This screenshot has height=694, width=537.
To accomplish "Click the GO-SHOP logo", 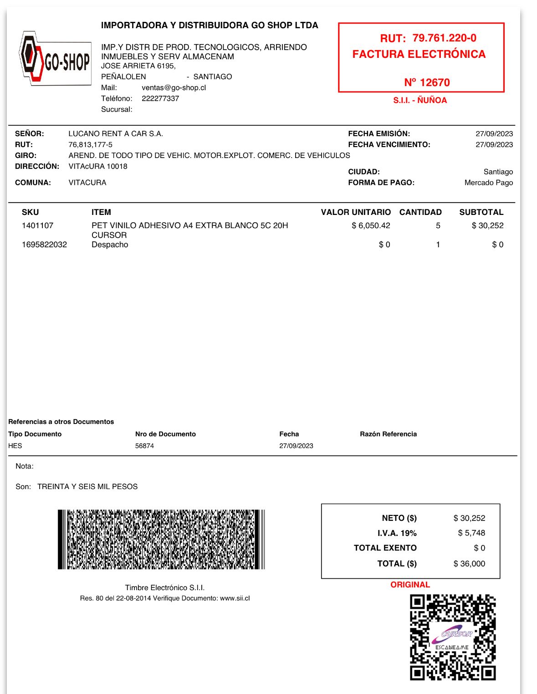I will (55, 59).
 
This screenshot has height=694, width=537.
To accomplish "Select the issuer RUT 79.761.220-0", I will (444, 38).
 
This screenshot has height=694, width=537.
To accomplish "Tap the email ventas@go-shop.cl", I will (174, 87).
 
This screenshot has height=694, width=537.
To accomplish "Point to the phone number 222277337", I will (160, 98).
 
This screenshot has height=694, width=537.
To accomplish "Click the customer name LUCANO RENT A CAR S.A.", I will (116, 133).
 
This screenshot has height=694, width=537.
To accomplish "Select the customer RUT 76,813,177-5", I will (90, 144).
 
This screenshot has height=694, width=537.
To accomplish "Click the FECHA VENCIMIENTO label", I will (389, 144).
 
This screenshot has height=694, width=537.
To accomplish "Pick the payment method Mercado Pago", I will (488, 183).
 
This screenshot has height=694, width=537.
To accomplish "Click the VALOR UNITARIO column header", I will (356, 212).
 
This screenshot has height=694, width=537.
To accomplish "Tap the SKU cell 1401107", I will (37, 225).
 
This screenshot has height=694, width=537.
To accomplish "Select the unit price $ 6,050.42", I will (371, 225).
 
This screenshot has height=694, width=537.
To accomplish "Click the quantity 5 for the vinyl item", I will (438, 225).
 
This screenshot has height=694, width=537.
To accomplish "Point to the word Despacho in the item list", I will (110, 245).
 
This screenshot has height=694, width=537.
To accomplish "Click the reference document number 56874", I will (144, 446).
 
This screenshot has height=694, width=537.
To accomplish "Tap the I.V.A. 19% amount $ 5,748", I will (471, 533).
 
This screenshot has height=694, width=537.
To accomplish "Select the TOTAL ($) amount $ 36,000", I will (469, 563).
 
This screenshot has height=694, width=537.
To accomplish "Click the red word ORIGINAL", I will (410, 585).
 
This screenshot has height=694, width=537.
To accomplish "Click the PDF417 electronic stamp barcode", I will (161, 539).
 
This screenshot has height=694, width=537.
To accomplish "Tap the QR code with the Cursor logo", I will (453, 637).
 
